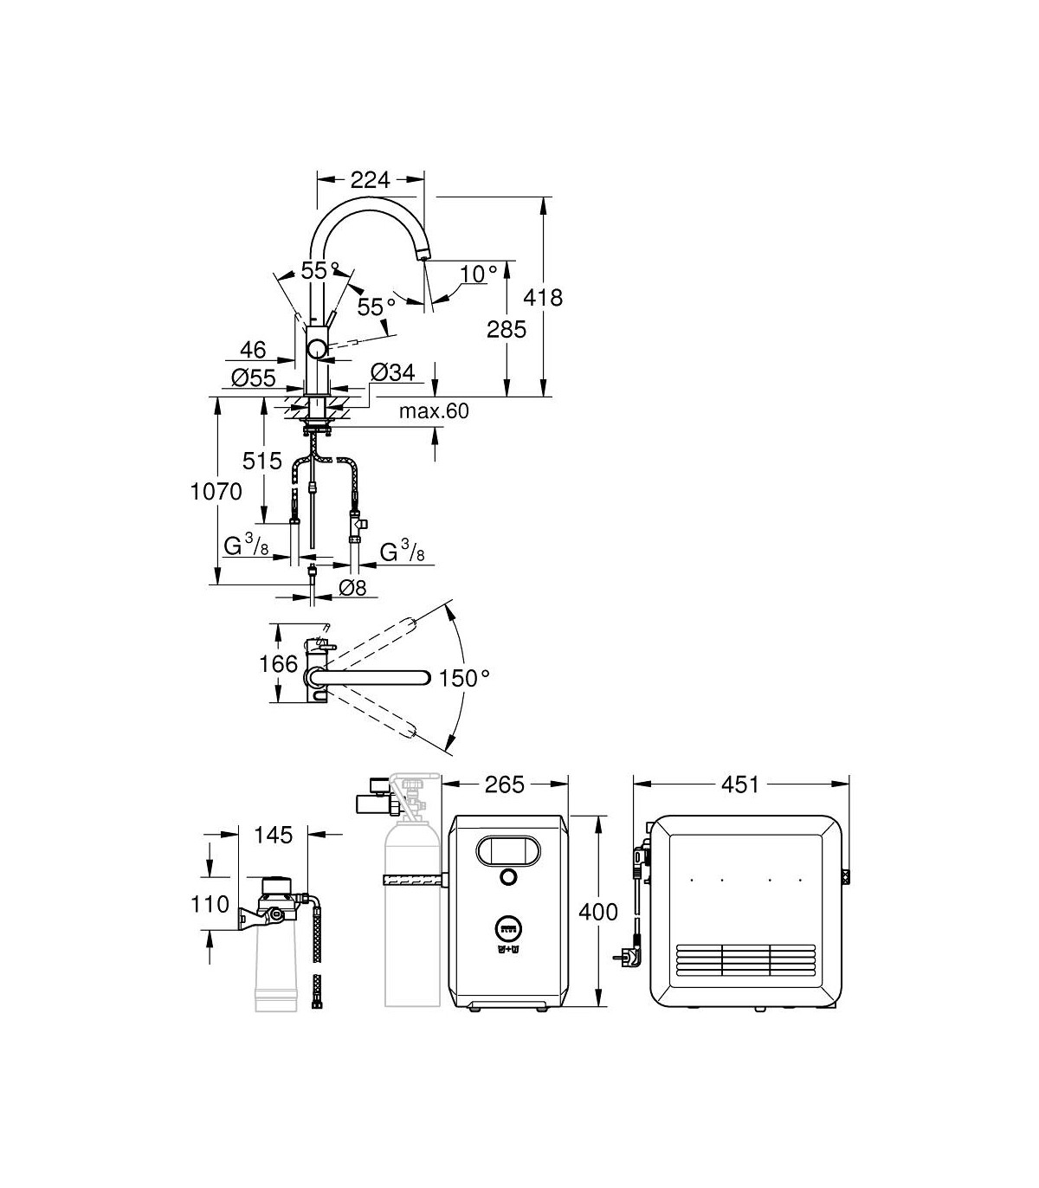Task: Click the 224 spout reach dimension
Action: click(x=370, y=180)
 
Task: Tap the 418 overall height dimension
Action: click(x=543, y=297)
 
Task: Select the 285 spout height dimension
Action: click(x=507, y=329)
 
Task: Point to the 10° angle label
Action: click(x=479, y=274)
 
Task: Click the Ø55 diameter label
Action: click(x=253, y=378)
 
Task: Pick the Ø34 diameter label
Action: click(x=393, y=372)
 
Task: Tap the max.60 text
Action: click(x=434, y=411)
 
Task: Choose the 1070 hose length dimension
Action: click(x=216, y=492)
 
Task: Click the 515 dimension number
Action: click(x=261, y=461)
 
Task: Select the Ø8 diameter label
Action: click(x=352, y=588)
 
